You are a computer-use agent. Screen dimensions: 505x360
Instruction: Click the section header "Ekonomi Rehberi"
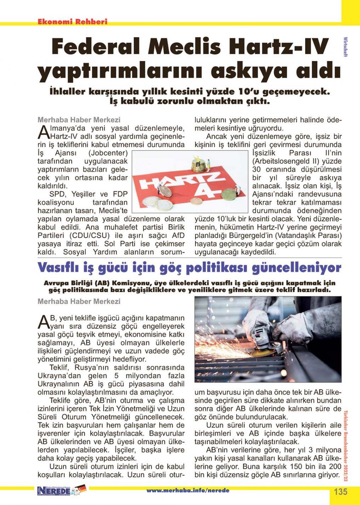(72, 22)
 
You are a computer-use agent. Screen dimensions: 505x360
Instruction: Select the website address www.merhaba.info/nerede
(188, 490)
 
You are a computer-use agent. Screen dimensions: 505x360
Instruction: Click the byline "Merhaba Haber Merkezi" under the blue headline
(79, 301)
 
